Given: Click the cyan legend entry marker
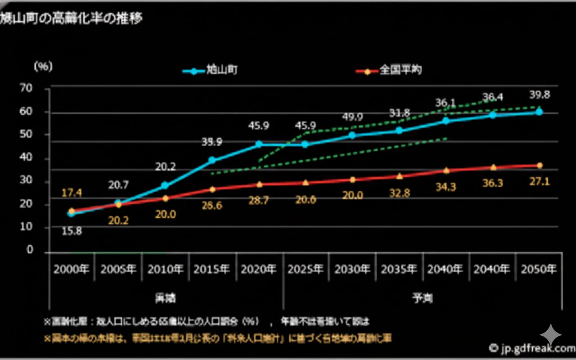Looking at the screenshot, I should tap(194, 71).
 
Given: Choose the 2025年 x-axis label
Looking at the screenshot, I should tap(306, 269).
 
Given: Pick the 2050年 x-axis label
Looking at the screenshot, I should tap(539, 269).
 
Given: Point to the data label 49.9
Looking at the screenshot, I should tap(352, 117).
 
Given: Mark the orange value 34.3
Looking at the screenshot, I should tap(445, 187).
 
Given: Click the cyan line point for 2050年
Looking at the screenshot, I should tap(539, 112).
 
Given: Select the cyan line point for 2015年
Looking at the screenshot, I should tap(212, 160).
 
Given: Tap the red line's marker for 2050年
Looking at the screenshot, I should tap(539, 166).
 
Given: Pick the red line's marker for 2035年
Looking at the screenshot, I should tap(399, 176).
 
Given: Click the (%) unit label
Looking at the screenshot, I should tap(43, 66).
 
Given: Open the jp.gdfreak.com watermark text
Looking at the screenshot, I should tap(531, 348).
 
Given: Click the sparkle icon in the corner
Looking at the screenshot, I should tap(551, 335).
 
